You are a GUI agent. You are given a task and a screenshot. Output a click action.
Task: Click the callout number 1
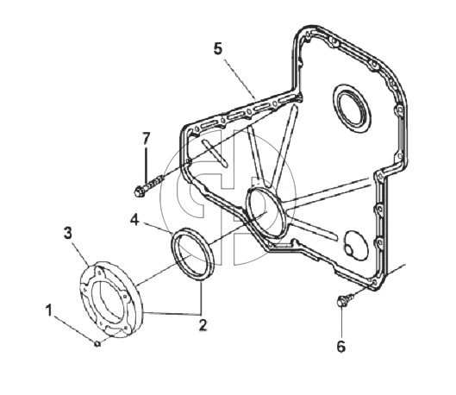(49, 310)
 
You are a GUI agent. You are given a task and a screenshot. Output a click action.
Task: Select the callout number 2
(203, 325)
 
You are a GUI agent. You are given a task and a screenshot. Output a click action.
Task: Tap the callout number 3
(68, 233)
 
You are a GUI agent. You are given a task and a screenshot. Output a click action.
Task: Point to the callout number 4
(134, 220)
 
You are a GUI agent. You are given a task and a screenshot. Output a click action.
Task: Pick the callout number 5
(218, 48)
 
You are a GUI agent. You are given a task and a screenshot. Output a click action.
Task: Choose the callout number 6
(341, 347)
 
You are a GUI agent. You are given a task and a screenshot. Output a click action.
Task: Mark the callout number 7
(146, 139)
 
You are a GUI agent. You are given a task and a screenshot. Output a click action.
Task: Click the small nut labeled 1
(97, 343)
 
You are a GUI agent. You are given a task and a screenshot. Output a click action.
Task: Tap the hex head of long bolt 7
(139, 191)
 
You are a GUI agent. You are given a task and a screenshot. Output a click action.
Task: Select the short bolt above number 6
(346, 299)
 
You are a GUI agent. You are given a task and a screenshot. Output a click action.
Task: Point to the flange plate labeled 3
(111, 299)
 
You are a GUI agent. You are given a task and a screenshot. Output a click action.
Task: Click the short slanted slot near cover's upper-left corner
(215, 153)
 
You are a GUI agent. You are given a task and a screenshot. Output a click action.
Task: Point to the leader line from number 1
(74, 329)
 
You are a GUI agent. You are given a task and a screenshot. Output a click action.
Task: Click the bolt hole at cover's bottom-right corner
(374, 282)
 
